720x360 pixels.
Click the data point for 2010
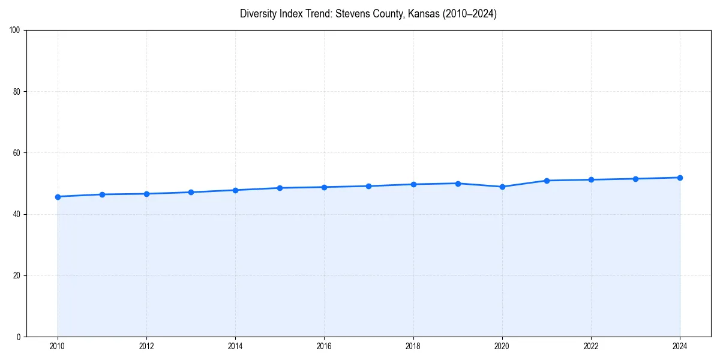[x=58, y=197]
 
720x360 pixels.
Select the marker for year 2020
[x=502, y=187]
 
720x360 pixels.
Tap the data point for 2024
[x=680, y=178]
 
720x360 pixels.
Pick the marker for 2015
[x=280, y=188]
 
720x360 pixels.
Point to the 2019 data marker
[x=458, y=184]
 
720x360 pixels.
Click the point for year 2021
[x=547, y=181]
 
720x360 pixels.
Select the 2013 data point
[x=191, y=192]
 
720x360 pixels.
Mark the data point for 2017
[x=368, y=186]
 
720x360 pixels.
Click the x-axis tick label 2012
[x=146, y=346]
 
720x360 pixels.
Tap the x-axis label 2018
[x=413, y=346]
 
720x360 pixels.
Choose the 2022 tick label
[x=591, y=346]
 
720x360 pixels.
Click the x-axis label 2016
[x=324, y=346]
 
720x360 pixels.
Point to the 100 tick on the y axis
[x=16, y=31]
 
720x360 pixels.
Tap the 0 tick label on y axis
[x=19, y=337]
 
